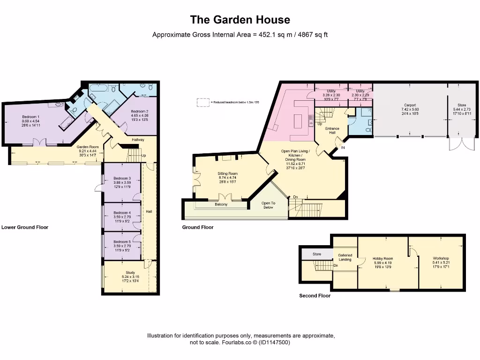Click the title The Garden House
click(x=240, y=20)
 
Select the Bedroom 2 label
click(x=139, y=111)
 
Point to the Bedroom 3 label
click(x=122, y=178)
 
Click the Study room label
click(x=130, y=272)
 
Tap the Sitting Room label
click(x=228, y=173)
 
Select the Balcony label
click(x=221, y=204)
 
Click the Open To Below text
click(x=268, y=205)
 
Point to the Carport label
click(x=410, y=105)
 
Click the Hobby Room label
click(x=382, y=258)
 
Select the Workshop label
click(x=441, y=258)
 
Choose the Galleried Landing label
click(x=345, y=257)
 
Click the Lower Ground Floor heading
click(x=25, y=227)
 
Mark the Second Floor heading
click(x=315, y=296)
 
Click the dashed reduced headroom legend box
click(x=203, y=102)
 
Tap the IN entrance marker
click(x=343, y=148)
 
